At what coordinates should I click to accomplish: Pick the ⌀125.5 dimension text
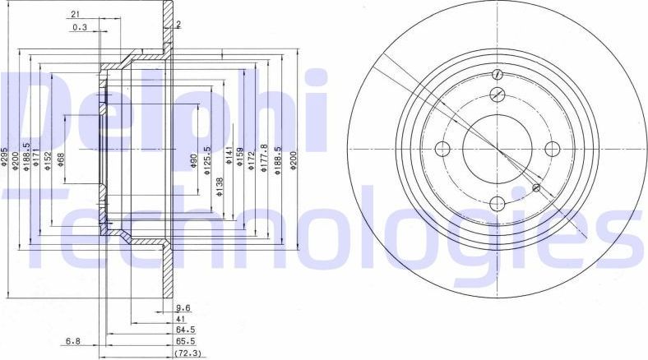pos(207,159)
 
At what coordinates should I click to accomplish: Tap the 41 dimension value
pos(181,317)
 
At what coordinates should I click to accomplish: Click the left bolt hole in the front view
pos(442,149)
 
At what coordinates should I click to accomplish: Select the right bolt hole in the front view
pos(553,149)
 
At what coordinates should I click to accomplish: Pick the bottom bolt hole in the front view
pos(498,204)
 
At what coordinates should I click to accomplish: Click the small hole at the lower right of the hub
pos(536,188)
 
